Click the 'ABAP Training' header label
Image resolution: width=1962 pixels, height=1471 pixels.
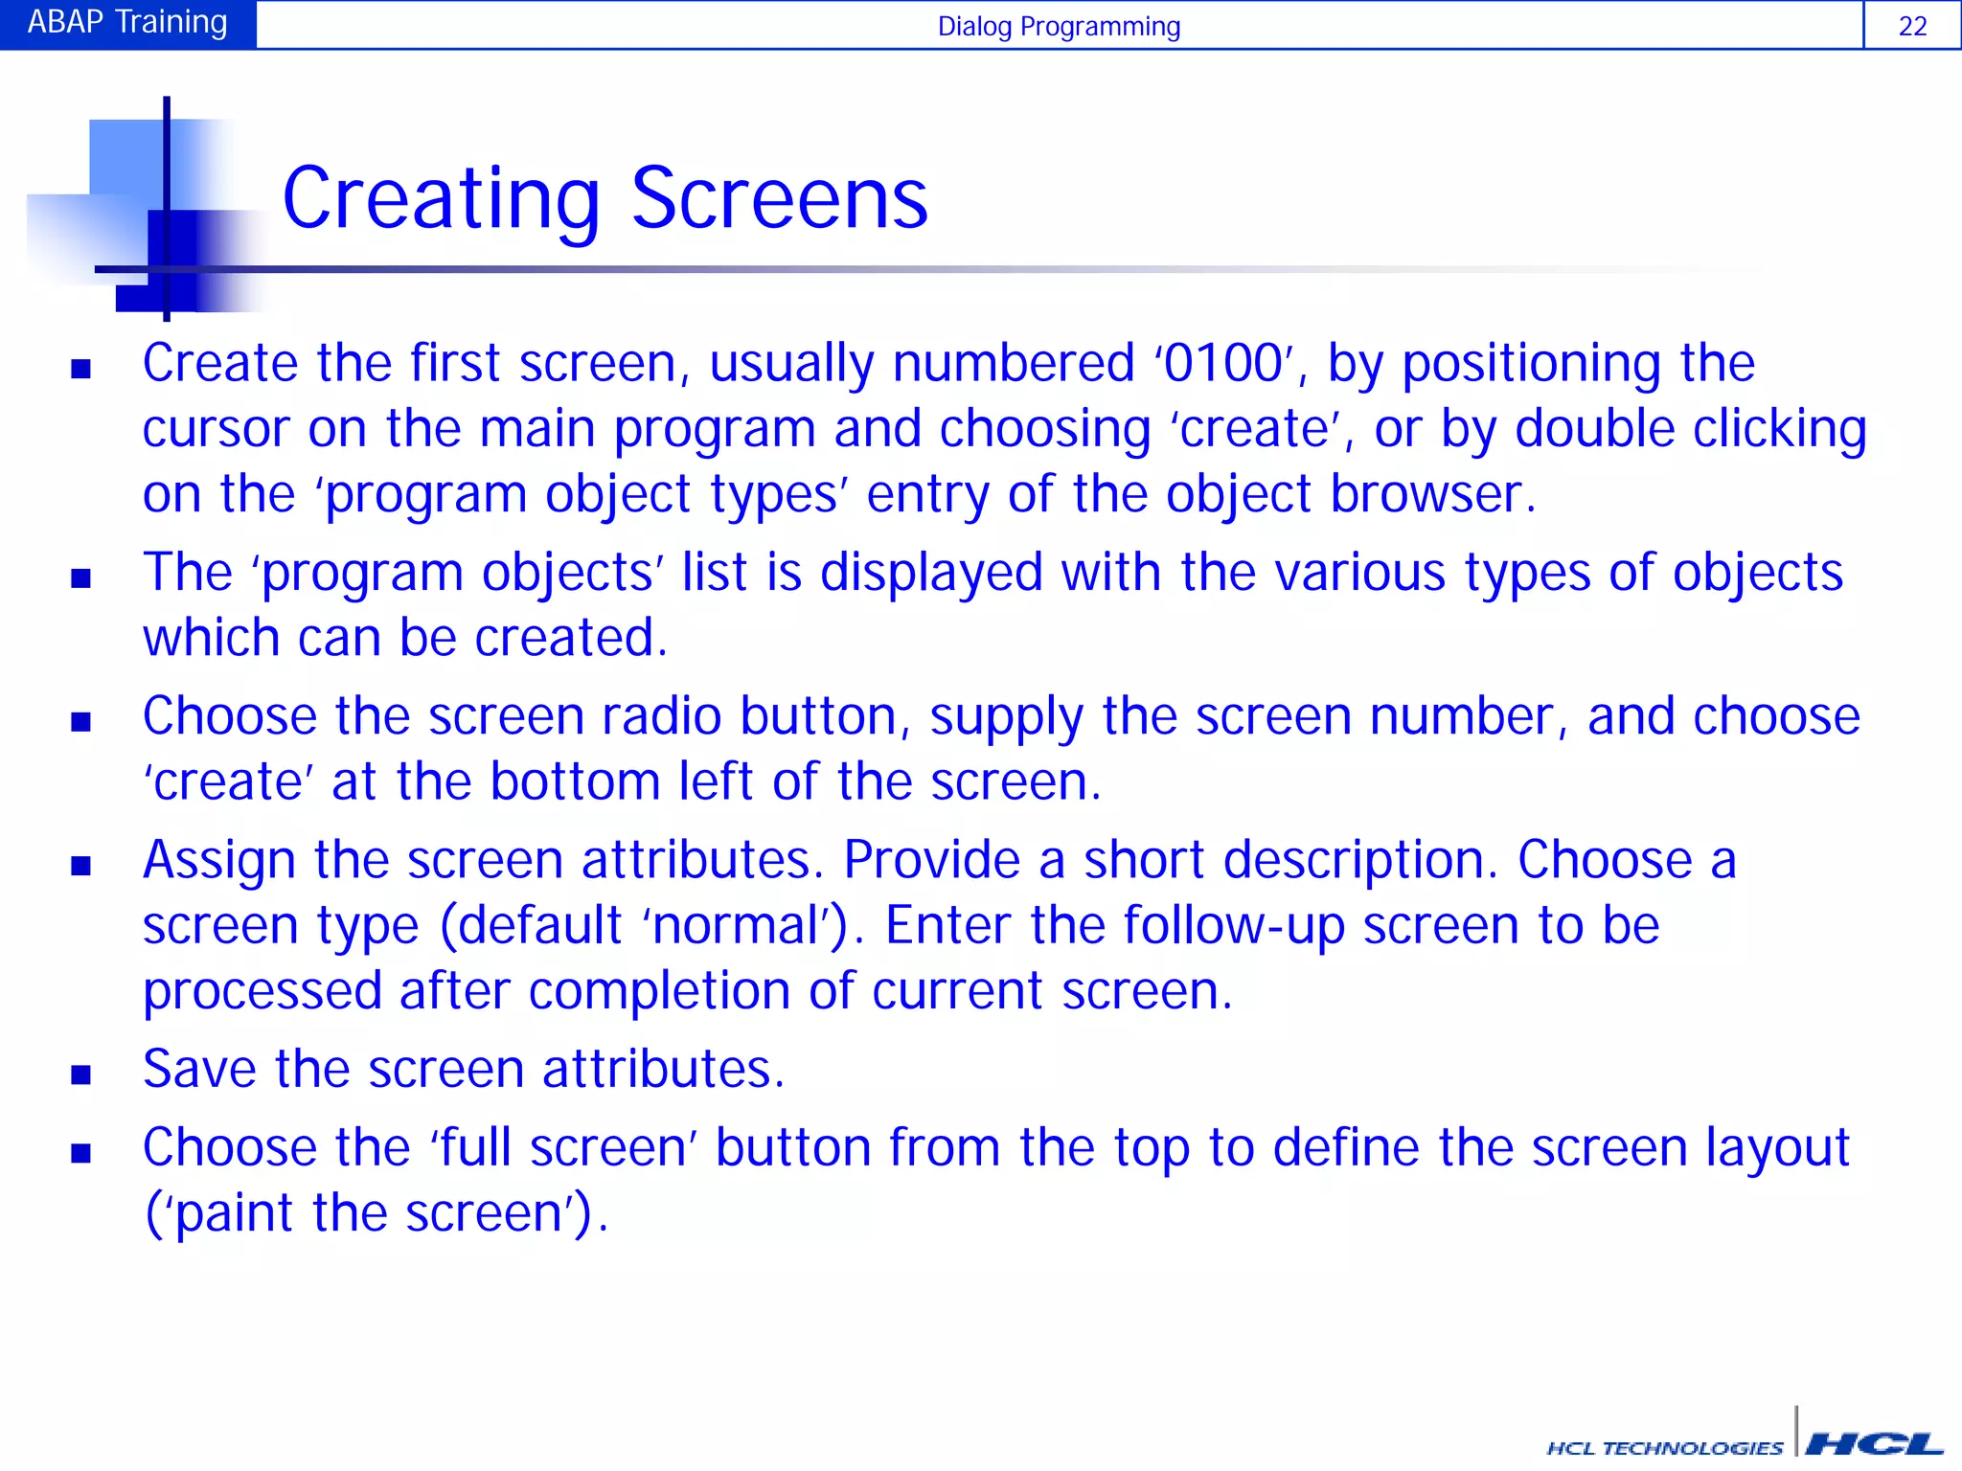(x=127, y=22)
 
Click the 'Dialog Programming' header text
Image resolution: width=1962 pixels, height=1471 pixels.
(x=1059, y=26)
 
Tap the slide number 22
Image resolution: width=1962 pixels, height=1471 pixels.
(x=1912, y=26)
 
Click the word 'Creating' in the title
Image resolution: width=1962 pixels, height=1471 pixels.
(x=441, y=199)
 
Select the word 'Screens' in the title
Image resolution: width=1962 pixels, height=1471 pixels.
(x=780, y=199)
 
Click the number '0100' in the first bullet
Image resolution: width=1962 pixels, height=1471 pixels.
(x=1223, y=364)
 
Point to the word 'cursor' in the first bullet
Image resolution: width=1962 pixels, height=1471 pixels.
(x=217, y=430)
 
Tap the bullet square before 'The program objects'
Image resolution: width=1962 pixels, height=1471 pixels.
(x=81, y=577)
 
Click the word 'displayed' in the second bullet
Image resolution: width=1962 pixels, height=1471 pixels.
(x=931, y=573)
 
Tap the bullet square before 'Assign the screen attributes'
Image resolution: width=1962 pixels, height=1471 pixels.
(x=81, y=866)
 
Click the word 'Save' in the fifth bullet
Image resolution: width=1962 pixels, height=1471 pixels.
(x=199, y=1070)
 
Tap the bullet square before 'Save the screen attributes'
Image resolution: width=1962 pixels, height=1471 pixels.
(x=81, y=1075)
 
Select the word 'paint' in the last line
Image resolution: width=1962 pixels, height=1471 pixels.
(x=234, y=1213)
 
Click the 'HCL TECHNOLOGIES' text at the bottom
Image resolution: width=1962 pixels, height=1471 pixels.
(x=1664, y=1448)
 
